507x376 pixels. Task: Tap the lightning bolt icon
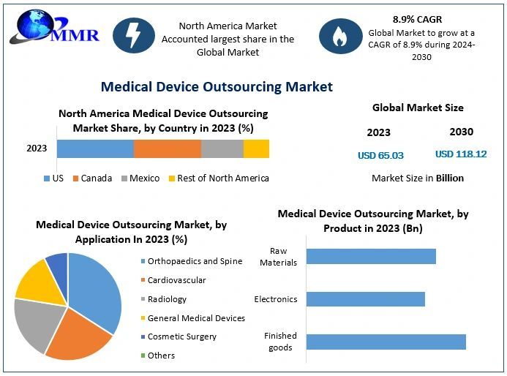click(133, 34)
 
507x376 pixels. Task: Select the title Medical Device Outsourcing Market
click(217, 87)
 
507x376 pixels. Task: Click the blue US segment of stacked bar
click(95, 148)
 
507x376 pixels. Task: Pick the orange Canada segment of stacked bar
click(167, 148)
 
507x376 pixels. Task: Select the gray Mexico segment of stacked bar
click(222, 148)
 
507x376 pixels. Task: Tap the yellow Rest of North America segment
click(256, 148)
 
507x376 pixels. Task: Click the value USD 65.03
click(380, 155)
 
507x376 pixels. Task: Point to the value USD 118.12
click(461, 154)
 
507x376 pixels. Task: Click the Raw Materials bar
click(371, 256)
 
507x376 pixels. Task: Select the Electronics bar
click(365, 298)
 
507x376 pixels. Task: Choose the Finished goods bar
click(386, 342)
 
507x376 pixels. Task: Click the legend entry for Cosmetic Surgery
click(181, 336)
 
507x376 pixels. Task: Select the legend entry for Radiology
click(167, 298)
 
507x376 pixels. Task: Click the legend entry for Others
click(161, 356)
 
